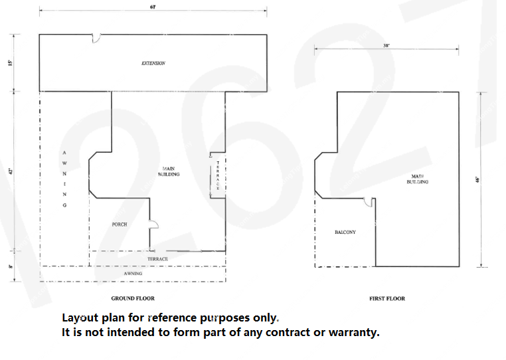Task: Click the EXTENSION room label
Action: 153,63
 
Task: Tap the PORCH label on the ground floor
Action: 120,225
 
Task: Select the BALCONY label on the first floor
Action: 345,232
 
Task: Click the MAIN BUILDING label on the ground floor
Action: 169,171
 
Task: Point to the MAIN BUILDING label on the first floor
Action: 418,179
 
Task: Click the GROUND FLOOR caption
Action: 133,298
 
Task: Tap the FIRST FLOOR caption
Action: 387,298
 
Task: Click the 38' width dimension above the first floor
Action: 386,46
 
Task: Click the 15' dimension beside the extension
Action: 11,63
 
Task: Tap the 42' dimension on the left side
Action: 11,171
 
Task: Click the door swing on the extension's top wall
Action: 96,39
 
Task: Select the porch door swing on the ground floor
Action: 153,225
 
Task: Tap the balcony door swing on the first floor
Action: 374,202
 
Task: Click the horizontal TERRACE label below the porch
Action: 157,258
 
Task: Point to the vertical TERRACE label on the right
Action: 218,175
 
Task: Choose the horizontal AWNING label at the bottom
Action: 133,273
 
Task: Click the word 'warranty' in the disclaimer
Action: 355,332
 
